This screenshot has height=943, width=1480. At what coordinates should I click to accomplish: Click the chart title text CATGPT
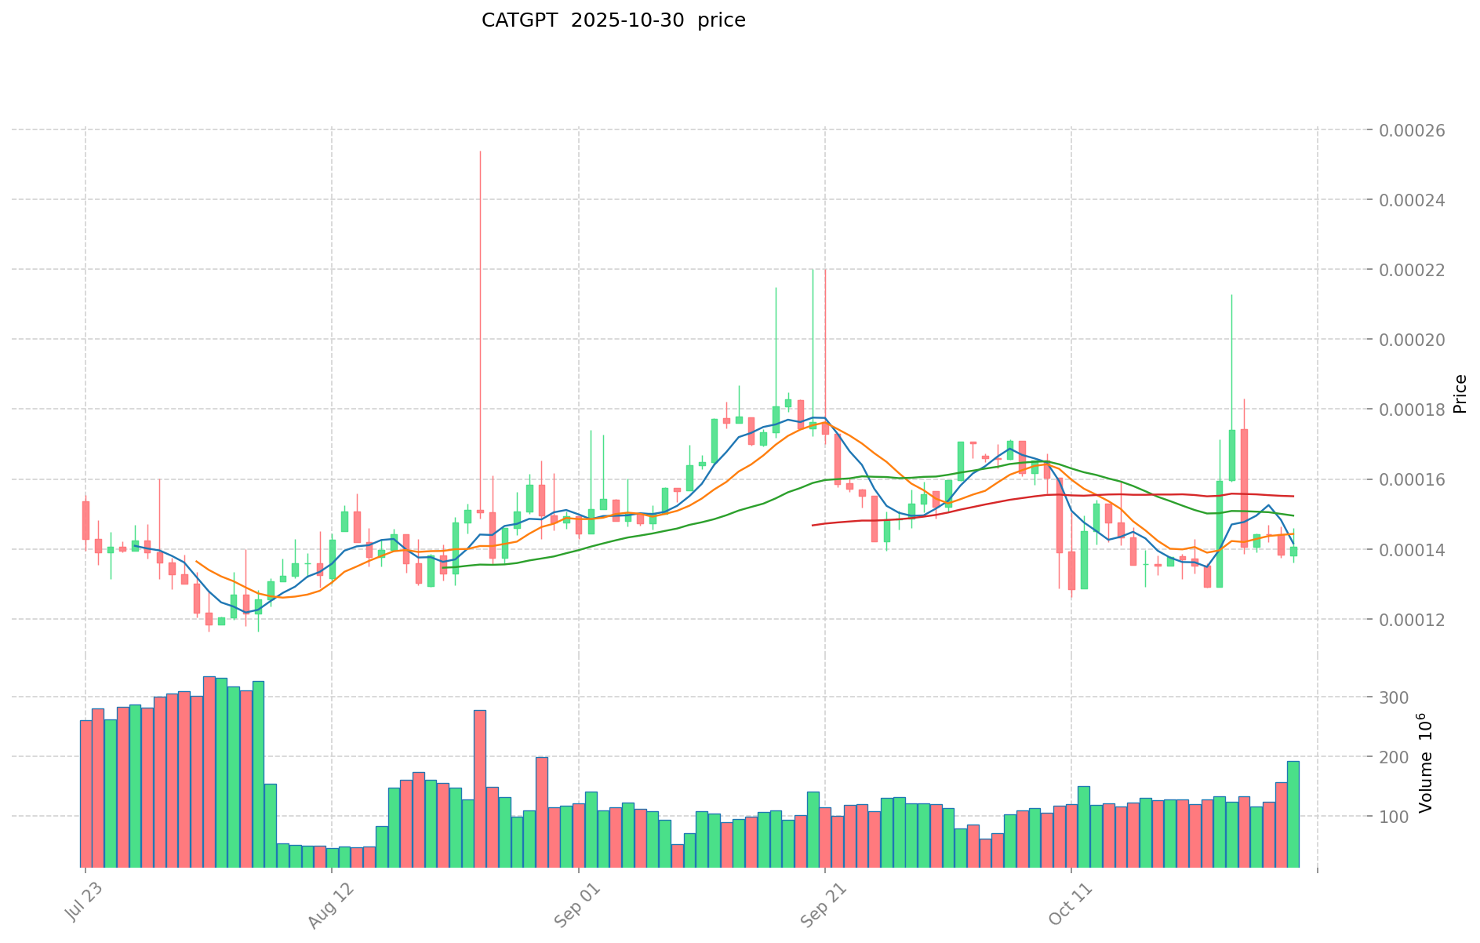[x=520, y=20]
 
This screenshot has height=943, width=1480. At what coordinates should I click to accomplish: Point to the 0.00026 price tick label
[x=1416, y=130]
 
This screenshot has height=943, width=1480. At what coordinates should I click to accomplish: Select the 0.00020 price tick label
[x=1416, y=340]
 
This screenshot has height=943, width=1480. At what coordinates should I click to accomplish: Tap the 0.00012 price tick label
[x=1416, y=620]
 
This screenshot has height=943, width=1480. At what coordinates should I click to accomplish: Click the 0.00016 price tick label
[x=1416, y=480]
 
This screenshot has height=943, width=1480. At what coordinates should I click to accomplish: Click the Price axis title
[x=1460, y=394]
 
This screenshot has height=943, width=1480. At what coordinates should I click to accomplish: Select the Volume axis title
[x=1426, y=763]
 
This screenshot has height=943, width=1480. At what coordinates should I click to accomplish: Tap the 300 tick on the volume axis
[x=1396, y=697]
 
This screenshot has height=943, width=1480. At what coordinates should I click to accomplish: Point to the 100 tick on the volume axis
[x=1396, y=817]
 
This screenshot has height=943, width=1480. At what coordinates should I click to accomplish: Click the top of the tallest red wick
[x=480, y=151]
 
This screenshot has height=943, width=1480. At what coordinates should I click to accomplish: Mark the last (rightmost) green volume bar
[x=1293, y=814]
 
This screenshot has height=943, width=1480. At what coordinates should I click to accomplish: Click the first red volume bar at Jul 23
[x=85, y=793]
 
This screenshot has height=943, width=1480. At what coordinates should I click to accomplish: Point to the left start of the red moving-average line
[x=813, y=525]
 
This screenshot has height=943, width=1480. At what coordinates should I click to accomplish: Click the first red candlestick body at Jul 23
[x=85, y=520]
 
